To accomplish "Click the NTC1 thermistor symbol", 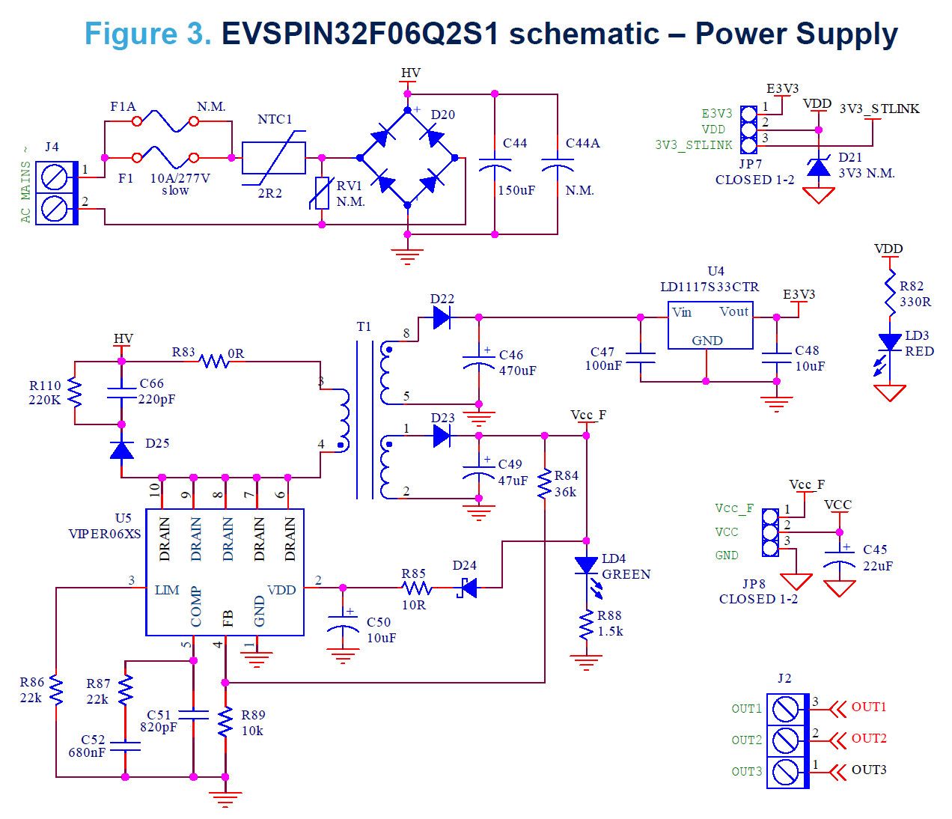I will click(x=274, y=158).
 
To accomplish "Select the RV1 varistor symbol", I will click(x=322, y=193).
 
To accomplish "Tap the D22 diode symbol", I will click(x=442, y=317).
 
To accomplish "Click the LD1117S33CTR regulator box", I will click(x=710, y=325).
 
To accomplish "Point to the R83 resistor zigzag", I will click(x=214, y=362).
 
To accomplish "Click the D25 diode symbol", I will click(x=122, y=450).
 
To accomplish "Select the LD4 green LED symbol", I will click(x=586, y=565).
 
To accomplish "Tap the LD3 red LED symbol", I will click(x=890, y=342).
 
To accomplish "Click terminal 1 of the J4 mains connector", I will click(x=55, y=177).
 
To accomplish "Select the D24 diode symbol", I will click(x=467, y=588).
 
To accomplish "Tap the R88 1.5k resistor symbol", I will click(x=586, y=626).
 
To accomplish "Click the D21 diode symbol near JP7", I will click(x=818, y=168).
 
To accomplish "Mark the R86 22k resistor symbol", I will click(x=56, y=689).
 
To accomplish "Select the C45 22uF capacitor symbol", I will click(x=839, y=558).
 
